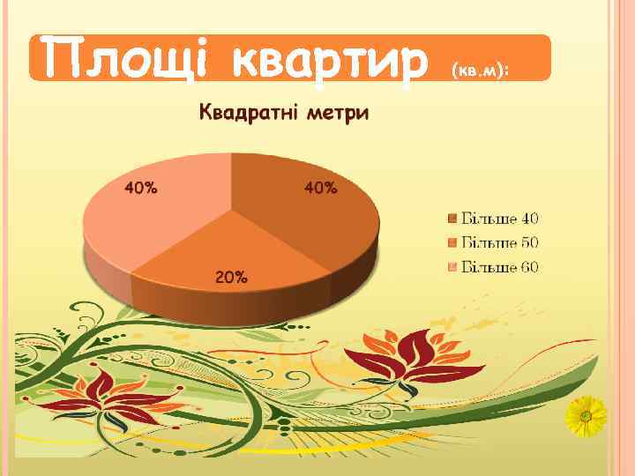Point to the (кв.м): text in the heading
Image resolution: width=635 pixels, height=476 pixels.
point(482,68)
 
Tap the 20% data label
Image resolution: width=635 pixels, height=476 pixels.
point(231,278)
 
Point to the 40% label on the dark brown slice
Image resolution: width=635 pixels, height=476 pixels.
point(320,187)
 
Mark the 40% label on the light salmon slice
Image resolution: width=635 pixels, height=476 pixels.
point(141,187)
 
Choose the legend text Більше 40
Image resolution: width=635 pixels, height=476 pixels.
point(500,218)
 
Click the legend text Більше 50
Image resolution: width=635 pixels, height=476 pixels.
point(500,242)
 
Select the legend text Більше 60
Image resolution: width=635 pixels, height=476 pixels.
point(500,267)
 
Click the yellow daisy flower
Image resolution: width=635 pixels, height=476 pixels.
point(586,416)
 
